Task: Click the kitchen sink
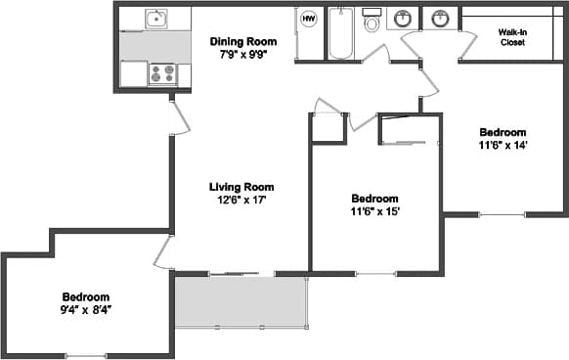tap(155, 18)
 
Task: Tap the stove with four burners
tap(161, 73)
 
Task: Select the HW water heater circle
tap(308, 19)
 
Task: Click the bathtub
tap(341, 32)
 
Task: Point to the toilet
tap(372, 21)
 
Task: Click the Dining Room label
tap(243, 41)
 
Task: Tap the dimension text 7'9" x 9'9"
tap(243, 55)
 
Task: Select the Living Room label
tap(241, 186)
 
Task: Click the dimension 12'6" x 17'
tap(241, 200)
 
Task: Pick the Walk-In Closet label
tap(512, 37)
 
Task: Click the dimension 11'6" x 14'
tap(503, 146)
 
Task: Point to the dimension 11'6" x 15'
tap(375, 210)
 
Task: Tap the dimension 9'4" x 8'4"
tap(86, 310)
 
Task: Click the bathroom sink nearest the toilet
tap(402, 19)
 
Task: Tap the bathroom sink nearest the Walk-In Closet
tap(441, 19)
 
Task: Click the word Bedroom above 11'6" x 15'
tap(375, 197)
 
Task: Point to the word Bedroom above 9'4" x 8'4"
tap(86, 296)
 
